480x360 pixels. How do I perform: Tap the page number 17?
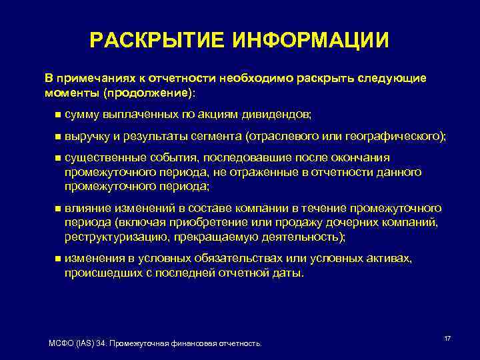tap(447, 339)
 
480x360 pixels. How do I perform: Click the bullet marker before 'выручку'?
tap(57, 136)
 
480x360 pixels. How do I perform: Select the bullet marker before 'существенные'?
tap(57, 158)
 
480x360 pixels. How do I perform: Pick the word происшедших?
tap(99, 273)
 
